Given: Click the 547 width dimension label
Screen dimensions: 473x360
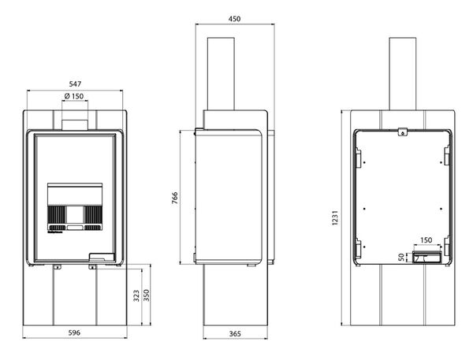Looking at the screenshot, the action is pyautogui.click(x=75, y=84).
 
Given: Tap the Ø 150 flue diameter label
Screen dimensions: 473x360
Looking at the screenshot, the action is pyautogui.click(x=74, y=96).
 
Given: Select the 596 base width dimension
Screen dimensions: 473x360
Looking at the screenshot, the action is pyautogui.click(x=74, y=332).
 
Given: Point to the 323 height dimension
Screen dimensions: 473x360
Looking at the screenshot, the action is pyautogui.click(x=136, y=295).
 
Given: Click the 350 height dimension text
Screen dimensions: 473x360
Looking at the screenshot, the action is pyautogui.click(x=147, y=295).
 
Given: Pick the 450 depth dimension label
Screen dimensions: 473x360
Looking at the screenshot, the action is pyautogui.click(x=234, y=19).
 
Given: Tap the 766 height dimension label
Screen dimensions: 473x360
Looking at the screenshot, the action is pyautogui.click(x=175, y=198).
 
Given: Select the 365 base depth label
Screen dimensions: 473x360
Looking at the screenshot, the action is pyautogui.click(x=235, y=334).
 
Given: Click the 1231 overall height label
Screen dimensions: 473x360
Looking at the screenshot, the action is pyautogui.click(x=335, y=217).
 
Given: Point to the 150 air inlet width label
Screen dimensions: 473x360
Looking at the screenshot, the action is pyautogui.click(x=426, y=240).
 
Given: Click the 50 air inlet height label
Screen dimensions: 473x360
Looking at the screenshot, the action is pyautogui.click(x=401, y=257).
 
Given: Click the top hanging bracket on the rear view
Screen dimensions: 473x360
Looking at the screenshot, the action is pyautogui.click(x=402, y=132).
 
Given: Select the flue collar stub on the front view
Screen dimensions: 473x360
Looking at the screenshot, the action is pyautogui.click(x=75, y=124).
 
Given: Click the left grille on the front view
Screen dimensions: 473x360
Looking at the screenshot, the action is pyautogui.click(x=57, y=215).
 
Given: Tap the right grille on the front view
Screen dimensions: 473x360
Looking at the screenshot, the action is pyautogui.click(x=93, y=215).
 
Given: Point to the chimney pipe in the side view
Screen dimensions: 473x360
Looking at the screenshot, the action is pyautogui.click(x=221, y=74).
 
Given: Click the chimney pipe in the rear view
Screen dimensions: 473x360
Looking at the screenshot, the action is pyautogui.click(x=403, y=74).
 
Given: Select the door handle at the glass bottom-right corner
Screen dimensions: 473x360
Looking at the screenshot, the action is pyautogui.click(x=102, y=257).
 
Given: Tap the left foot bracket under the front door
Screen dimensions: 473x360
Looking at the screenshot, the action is pyautogui.click(x=57, y=267).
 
